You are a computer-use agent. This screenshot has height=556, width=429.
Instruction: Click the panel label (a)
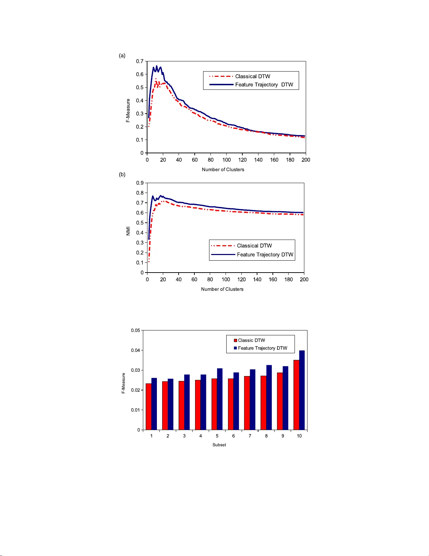click(x=122, y=55)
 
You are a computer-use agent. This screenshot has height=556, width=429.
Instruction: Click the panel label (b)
click(x=122, y=174)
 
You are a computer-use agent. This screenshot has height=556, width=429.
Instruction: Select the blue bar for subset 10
click(x=302, y=390)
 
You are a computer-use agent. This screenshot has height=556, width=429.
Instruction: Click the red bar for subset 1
click(x=148, y=407)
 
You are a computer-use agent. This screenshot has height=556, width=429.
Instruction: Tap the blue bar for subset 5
click(x=220, y=399)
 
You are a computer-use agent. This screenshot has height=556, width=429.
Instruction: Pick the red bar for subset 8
click(x=263, y=403)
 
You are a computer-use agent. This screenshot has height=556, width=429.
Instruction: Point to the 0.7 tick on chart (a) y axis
click(x=140, y=61)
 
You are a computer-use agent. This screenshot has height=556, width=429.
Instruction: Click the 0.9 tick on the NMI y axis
click(x=140, y=183)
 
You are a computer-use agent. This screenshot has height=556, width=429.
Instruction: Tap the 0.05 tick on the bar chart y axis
click(x=136, y=330)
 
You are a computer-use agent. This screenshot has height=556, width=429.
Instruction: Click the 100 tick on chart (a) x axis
click(x=227, y=160)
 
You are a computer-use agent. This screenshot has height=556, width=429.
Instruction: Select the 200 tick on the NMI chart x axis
click(x=304, y=280)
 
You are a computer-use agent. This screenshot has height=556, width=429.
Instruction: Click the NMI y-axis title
click(x=128, y=231)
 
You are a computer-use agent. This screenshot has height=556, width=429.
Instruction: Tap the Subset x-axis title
click(x=219, y=445)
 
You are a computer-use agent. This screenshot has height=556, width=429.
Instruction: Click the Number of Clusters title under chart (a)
click(x=223, y=169)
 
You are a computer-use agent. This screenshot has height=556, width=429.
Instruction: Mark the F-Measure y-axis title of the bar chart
click(x=123, y=383)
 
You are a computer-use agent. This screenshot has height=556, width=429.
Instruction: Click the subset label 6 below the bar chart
click(x=234, y=436)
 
